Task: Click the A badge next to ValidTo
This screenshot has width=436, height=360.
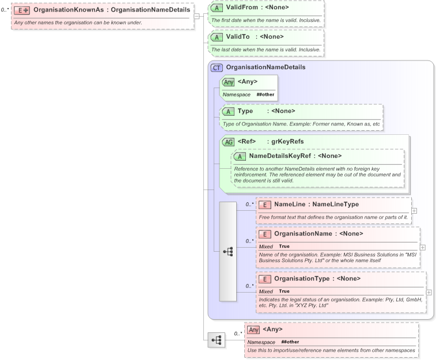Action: pyautogui.click(x=217, y=37)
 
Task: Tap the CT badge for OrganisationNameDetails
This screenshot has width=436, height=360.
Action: pyautogui.click(x=217, y=67)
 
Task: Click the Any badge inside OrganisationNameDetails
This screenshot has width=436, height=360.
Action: pyautogui.click(x=229, y=82)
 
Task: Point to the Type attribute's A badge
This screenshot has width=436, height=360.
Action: pyautogui.click(x=229, y=111)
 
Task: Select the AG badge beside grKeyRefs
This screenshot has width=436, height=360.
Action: pyautogui.click(x=229, y=142)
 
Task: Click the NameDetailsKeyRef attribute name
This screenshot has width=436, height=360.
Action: pyautogui.click(x=286, y=156)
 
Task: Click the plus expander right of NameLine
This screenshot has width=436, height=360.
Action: pyautogui.click(x=415, y=210)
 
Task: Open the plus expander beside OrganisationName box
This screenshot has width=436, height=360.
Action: pyautogui.click(x=423, y=247)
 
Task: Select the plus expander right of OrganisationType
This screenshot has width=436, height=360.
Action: pyautogui.click(x=428, y=292)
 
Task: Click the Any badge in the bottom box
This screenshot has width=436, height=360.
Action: pyautogui.click(x=253, y=329)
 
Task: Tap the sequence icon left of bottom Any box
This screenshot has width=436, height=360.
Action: pyautogui.click(x=217, y=340)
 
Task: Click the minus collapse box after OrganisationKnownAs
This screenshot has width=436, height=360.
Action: pyautogui.click(x=197, y=16)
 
